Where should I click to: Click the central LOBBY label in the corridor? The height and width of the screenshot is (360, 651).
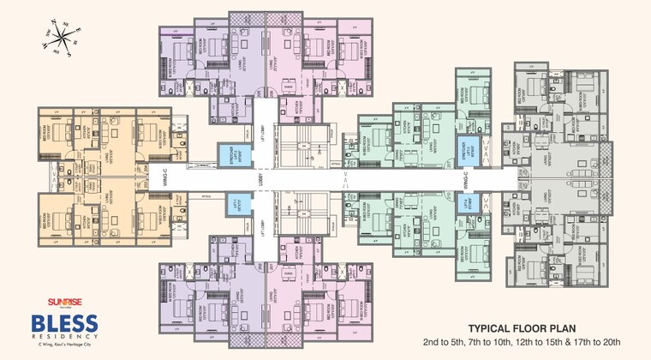[x=267, y=180]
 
